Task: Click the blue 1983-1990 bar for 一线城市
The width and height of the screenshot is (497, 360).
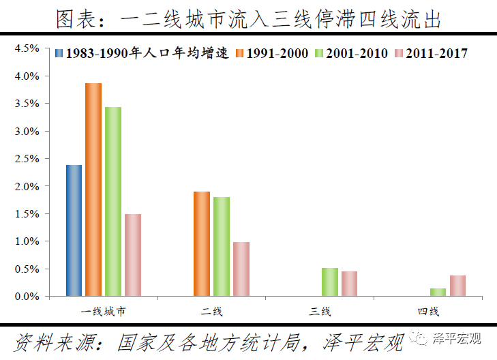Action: click(74, 230)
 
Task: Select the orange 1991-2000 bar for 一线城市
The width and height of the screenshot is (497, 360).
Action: click(93, 190)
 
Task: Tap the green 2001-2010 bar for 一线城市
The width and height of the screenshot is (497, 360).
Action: click(113, 202)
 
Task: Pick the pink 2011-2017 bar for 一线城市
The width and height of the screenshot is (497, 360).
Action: click(133, 255)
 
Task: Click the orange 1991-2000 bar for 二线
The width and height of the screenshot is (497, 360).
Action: click(202, 244)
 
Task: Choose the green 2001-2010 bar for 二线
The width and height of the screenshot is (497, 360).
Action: click(222, 247)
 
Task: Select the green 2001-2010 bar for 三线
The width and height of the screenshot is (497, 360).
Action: click(330, 282)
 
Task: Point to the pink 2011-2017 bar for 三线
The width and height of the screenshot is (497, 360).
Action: click(350, 284)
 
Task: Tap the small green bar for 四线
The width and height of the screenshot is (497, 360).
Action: click(438, 292)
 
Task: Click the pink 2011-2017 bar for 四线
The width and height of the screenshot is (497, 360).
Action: click(458, 286)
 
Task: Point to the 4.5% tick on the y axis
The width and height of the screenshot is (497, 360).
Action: click(28, 48)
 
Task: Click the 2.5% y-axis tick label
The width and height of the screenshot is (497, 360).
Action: click(28, 159)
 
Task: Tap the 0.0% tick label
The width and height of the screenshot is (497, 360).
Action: click(28, 297)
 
